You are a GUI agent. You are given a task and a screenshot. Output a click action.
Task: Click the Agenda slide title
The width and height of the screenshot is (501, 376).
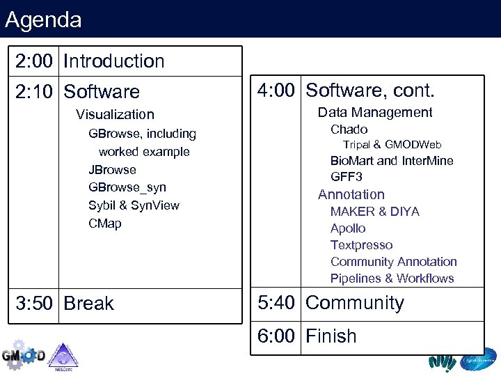pyautogui.click(x=43, y=19)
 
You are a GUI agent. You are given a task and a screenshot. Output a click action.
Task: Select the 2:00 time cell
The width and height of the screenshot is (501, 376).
pyautogui.click(x=34, y=61)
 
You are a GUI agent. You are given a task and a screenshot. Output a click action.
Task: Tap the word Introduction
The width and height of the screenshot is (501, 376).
pyautogui.click(x=113, y=61)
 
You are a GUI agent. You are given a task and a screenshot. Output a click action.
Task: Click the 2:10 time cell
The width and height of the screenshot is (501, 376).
pyautogui.click(x=34, y=92)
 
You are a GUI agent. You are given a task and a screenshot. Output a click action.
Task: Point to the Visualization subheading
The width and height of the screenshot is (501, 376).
pyautogui.click(x=115, y=114)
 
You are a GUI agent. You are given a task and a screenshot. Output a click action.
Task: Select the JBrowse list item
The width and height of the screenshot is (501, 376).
pyautogui.click(x=112, y=169)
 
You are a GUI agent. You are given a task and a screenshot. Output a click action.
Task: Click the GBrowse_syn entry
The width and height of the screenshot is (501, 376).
pyautogui.click(x=127, y=187)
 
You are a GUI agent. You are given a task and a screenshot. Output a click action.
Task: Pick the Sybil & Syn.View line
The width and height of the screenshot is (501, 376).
pyautogui.click(x=134, y=205)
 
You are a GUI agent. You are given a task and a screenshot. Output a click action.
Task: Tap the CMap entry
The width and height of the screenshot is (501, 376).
pyautogui.click(x=104, y=224)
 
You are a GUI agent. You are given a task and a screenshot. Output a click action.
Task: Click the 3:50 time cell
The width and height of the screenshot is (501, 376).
pyautogui.click(x=34, y=304)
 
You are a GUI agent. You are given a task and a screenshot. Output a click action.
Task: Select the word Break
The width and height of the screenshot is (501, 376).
pyautogui.click(x=88, y=304)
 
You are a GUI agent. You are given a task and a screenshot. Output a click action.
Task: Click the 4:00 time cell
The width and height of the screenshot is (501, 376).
pyautogui.click(x=276, y=91)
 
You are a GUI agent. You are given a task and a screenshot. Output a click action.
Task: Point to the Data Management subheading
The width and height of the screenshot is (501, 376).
pyautogui.click(x=375, y=112)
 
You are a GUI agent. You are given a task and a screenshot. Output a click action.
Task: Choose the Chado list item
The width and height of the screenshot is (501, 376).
pyautogui.click(x=349, y=130)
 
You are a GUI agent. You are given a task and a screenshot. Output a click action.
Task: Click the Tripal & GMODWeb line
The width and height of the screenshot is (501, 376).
pyautogui.click(x=392, y=145)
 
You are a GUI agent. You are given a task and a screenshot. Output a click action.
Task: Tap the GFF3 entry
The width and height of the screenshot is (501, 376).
pyautogui.click(x=346, y=177)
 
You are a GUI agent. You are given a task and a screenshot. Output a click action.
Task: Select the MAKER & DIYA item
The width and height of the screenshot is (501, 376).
pyautogui.click(x=374, y=212)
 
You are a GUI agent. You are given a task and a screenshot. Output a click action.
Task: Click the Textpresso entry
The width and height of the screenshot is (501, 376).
pyautogui.click(x=361, y=245)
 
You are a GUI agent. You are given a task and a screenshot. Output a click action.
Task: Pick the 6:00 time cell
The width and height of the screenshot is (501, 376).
pyautogui.click(x=276, y=336)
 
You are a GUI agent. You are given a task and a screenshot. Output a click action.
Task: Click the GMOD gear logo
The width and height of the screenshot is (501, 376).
pyautogui.click(x=22, y=355)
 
